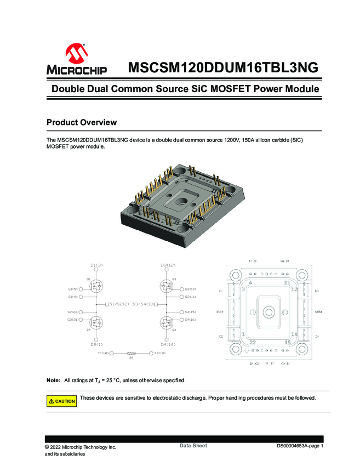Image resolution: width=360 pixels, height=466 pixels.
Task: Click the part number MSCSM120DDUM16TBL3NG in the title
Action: (222, 69)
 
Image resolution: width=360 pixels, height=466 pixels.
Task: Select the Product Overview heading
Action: (81, 122)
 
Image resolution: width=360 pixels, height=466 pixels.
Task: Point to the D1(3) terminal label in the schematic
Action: (96, 265)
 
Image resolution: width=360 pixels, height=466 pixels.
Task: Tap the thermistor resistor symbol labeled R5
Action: (132, 354)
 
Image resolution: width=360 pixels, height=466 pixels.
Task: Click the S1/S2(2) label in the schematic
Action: (118, 304)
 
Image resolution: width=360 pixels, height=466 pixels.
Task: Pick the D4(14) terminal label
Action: (168, 344)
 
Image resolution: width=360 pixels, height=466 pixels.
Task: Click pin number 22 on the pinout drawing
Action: (253, 342)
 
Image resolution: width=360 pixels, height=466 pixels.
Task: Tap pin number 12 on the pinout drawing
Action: (294, 289)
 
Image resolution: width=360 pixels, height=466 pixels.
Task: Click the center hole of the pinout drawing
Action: (268, 311)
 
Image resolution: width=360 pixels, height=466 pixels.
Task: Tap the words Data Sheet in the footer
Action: (193, 446)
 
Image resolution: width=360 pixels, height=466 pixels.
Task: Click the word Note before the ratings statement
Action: (53, 380)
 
